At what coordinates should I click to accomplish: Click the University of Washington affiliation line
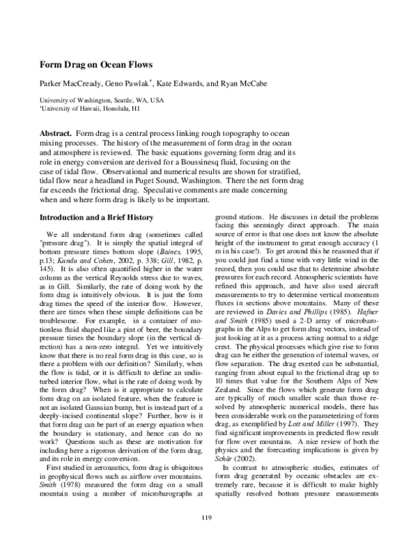pyautogui.click(x=101, y=100)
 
